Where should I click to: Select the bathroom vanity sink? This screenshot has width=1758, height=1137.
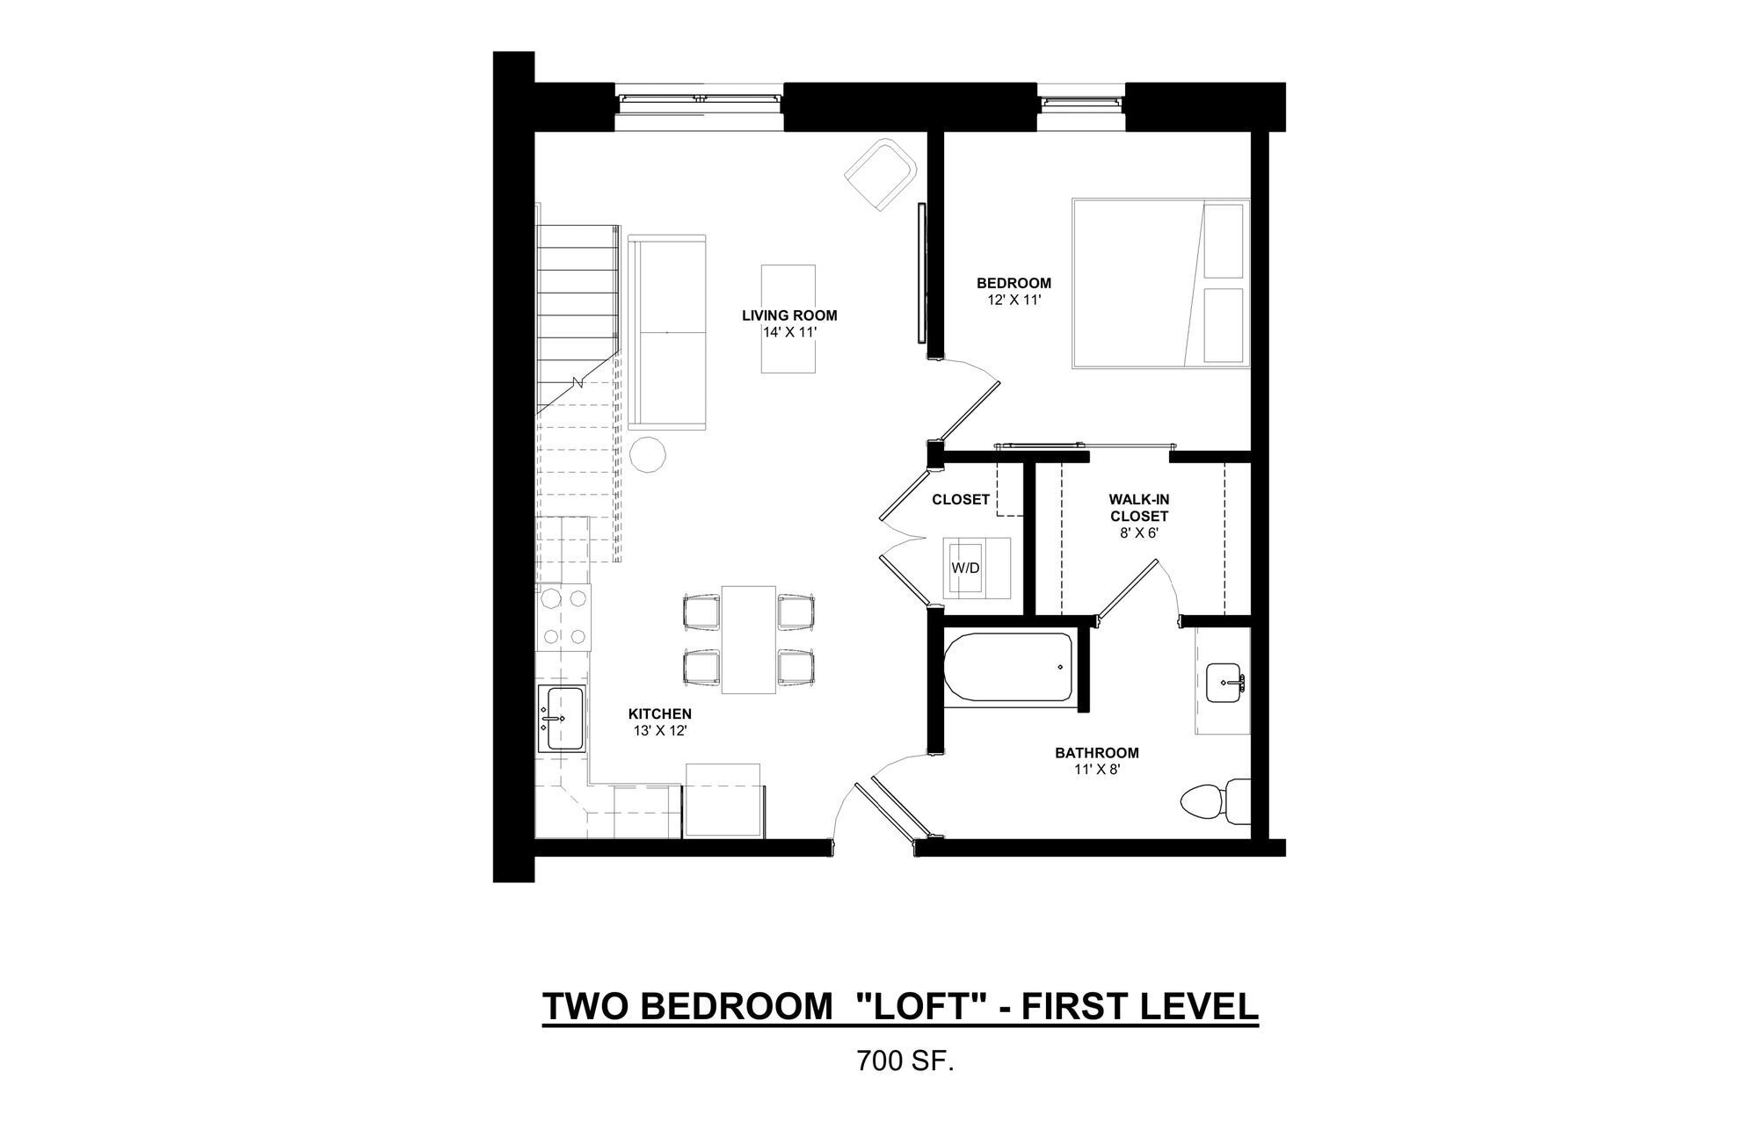[1224, 683]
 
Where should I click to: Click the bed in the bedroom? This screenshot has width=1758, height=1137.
[1160, 283]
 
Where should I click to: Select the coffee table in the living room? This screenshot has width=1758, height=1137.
[788, 318]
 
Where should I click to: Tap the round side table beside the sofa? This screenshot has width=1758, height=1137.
[648, 455]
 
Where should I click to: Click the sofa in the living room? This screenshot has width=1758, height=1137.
[667, 333]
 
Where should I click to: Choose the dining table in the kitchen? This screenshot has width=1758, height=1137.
[749, 639]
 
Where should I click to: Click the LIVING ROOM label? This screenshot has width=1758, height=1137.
[788, 315]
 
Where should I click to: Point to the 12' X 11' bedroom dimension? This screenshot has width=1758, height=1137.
[1013, 299]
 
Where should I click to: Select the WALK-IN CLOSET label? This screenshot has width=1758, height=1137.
[1138, 508]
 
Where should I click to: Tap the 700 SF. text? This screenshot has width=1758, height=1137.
[904, 1062]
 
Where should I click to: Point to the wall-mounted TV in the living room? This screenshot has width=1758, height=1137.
[920, 272]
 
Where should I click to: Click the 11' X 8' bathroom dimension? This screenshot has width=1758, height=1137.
[1096, 769]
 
